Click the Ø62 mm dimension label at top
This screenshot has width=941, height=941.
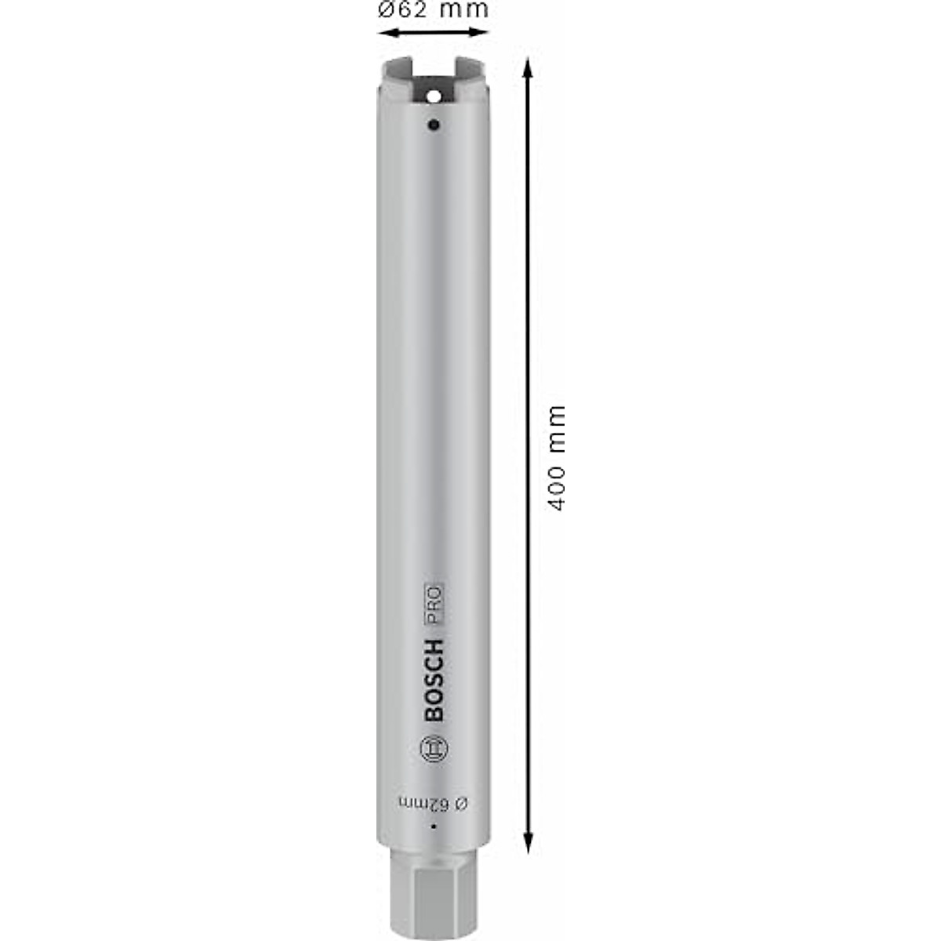pos(433,10)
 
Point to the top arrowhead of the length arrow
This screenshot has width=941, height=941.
pos(529,66)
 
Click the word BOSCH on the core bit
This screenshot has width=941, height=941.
pos(434,680)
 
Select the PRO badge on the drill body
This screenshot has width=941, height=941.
pos(434,605)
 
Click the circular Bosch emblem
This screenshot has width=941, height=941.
pos(434,750)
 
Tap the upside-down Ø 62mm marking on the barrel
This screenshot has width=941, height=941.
pos(433,804)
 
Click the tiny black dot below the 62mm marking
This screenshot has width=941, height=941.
pos(432,827)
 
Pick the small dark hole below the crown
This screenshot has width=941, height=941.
pos(433,125)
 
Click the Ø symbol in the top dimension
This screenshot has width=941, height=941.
pos(386,10)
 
